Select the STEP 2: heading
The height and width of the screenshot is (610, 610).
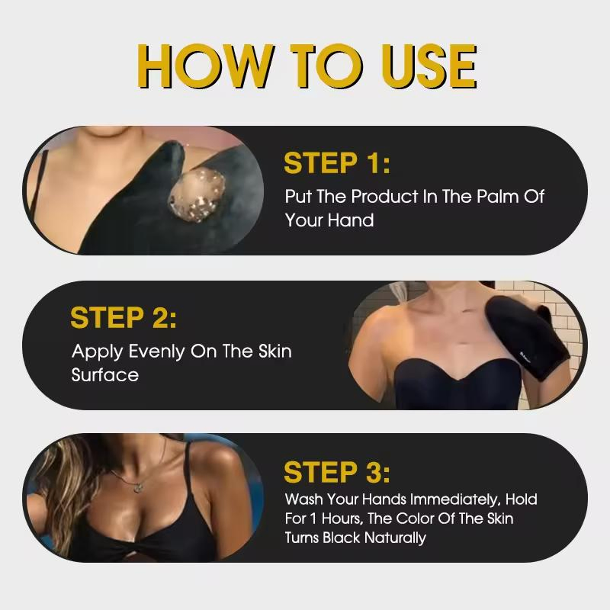[124, 318]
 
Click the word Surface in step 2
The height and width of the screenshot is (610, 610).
[105, 375]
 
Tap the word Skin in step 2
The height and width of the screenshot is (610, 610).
[273, 352]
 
